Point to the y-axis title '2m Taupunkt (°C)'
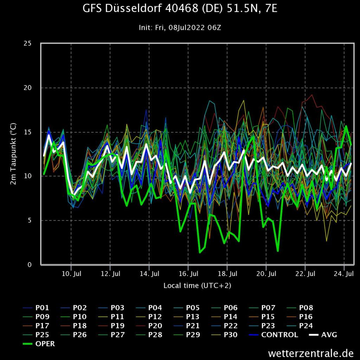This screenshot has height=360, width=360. (13, 154)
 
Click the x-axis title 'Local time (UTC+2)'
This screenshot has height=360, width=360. (197, 285)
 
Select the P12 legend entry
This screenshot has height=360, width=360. (155, 317)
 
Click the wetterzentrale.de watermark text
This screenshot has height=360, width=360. (310, 352)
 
